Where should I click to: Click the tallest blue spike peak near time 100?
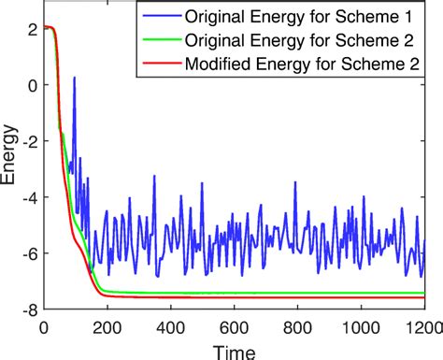click(x=75, y=78)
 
